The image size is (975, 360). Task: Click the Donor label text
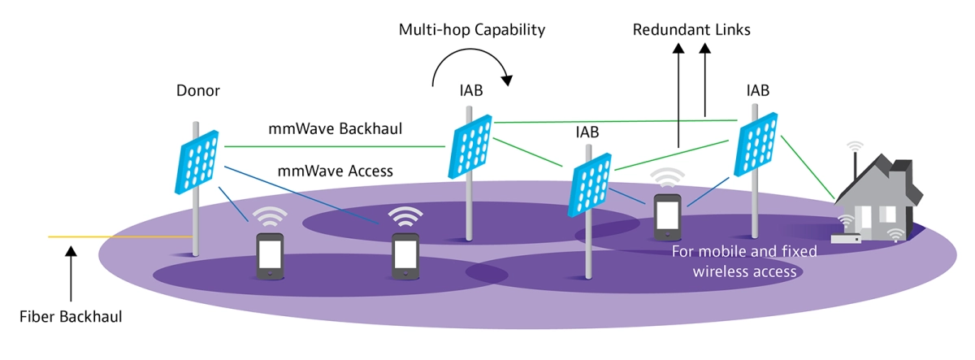198,91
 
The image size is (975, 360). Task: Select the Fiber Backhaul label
71,316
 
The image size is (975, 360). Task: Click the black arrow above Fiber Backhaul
71,271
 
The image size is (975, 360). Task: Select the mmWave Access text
336,171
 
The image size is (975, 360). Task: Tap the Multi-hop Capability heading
471,30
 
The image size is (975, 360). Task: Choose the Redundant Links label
691,30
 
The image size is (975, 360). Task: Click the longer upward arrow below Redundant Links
678,98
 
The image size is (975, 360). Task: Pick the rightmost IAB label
757,89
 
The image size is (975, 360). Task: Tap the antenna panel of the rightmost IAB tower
756,145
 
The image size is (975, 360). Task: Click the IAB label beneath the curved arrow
471,91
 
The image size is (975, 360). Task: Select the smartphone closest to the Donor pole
269,256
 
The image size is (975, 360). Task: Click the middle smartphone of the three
405,256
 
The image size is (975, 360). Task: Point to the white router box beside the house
845,238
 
